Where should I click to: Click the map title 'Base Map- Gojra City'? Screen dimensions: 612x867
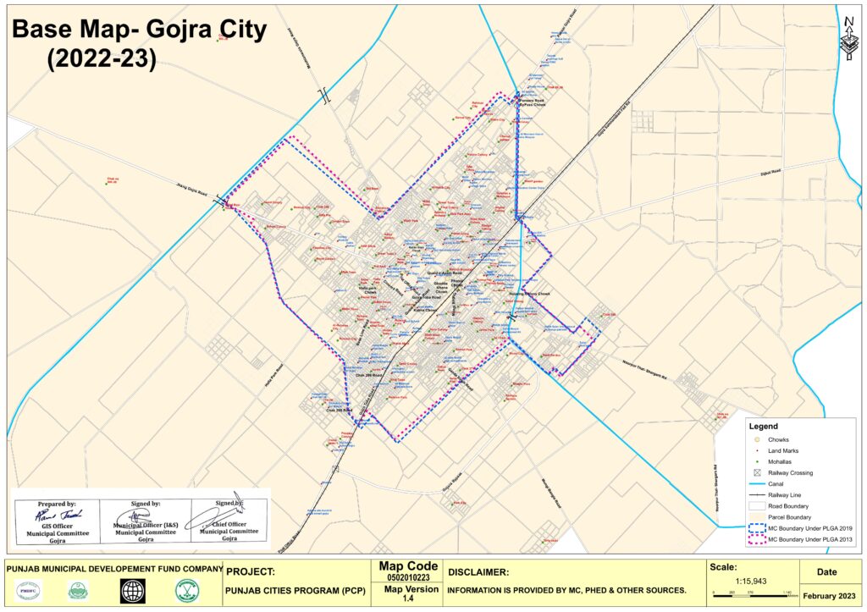[x=139, y=30]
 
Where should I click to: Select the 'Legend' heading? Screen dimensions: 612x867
[x=764, y=427]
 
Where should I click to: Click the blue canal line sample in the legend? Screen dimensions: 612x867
[x=756, y=484]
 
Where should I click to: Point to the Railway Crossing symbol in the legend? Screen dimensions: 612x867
[x=756, y=473]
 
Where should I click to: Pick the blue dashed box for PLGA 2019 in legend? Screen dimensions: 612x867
[x=756, y=527]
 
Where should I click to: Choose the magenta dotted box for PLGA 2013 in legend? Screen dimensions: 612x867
[x=756, y=539]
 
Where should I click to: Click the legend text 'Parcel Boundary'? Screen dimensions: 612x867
[x=788, y=516]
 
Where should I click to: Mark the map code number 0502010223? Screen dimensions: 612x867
[x=409, y=577]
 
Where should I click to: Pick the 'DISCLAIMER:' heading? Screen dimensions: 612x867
[x=478, y=572]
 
